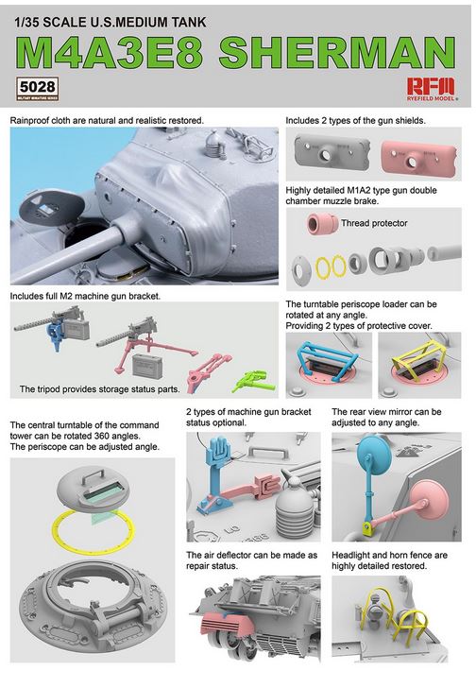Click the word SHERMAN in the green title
337,52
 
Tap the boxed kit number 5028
37,87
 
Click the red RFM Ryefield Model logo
432,89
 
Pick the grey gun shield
331,151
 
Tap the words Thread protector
374,223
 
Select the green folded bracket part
253,381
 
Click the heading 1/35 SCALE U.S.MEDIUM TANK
110,22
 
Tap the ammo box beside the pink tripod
145,364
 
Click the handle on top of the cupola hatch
96,476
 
